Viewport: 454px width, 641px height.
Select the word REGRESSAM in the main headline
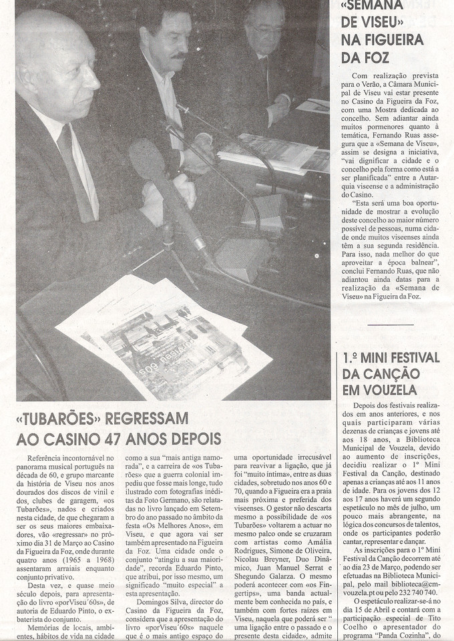point(149,419)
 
